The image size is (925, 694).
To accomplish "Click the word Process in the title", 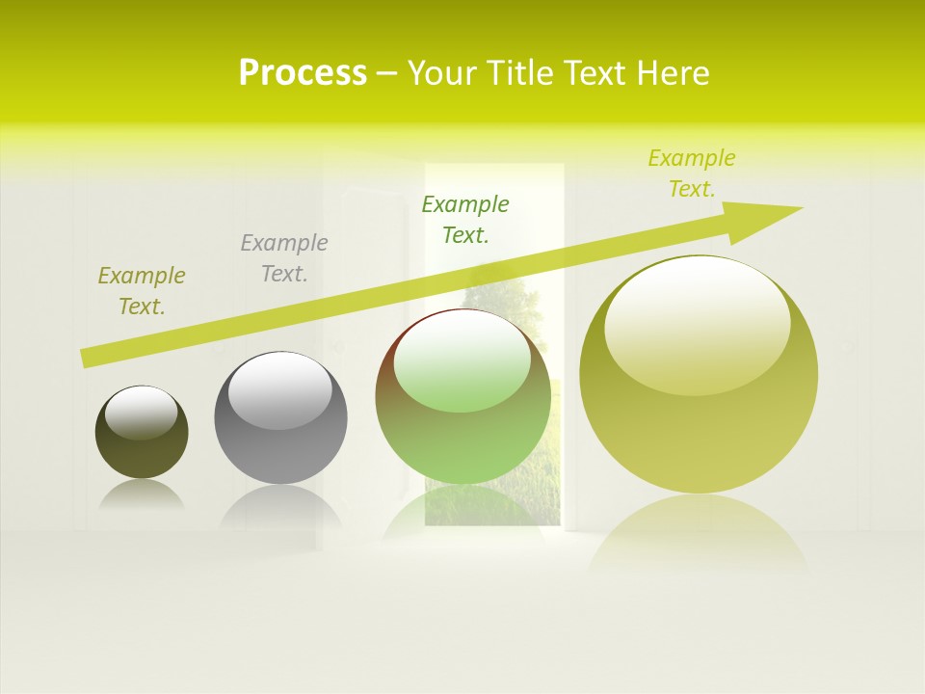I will pyautogui.click(x=303, y=73).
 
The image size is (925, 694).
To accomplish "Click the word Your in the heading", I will pyautogui.click(x=444, y=73).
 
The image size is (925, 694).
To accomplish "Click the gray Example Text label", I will pyautogui.click(x=284, y=258).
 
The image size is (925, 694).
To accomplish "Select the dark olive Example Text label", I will pyautogui.click(x=142, y=291).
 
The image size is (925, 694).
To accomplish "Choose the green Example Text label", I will pyautogui.click(x=465, y=219).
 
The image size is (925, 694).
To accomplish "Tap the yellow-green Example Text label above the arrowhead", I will pyautogui.click(x=691, y=173).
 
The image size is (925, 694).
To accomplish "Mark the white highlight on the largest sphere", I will pyautogui.click(x=697, y=323).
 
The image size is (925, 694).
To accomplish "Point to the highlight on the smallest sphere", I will pyautogui.click(x=142, y=413).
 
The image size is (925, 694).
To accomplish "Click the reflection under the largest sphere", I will pyautogui.click(x=699, y=530).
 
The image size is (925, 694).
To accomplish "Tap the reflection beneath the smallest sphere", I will pyautogui.click(x=142, y=494).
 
